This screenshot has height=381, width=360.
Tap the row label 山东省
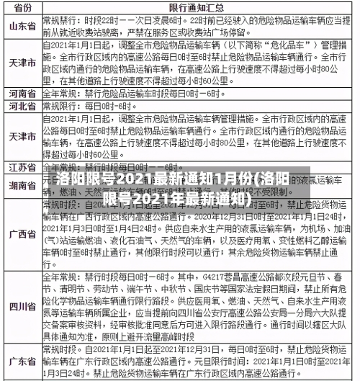(x=22, y=26)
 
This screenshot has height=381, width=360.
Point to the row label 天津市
(x=22, y=63)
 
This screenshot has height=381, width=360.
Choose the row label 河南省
(x=22, y=94)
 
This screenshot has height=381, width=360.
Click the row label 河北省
(x=22, y=107)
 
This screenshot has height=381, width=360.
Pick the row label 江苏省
(x=22, y=167)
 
